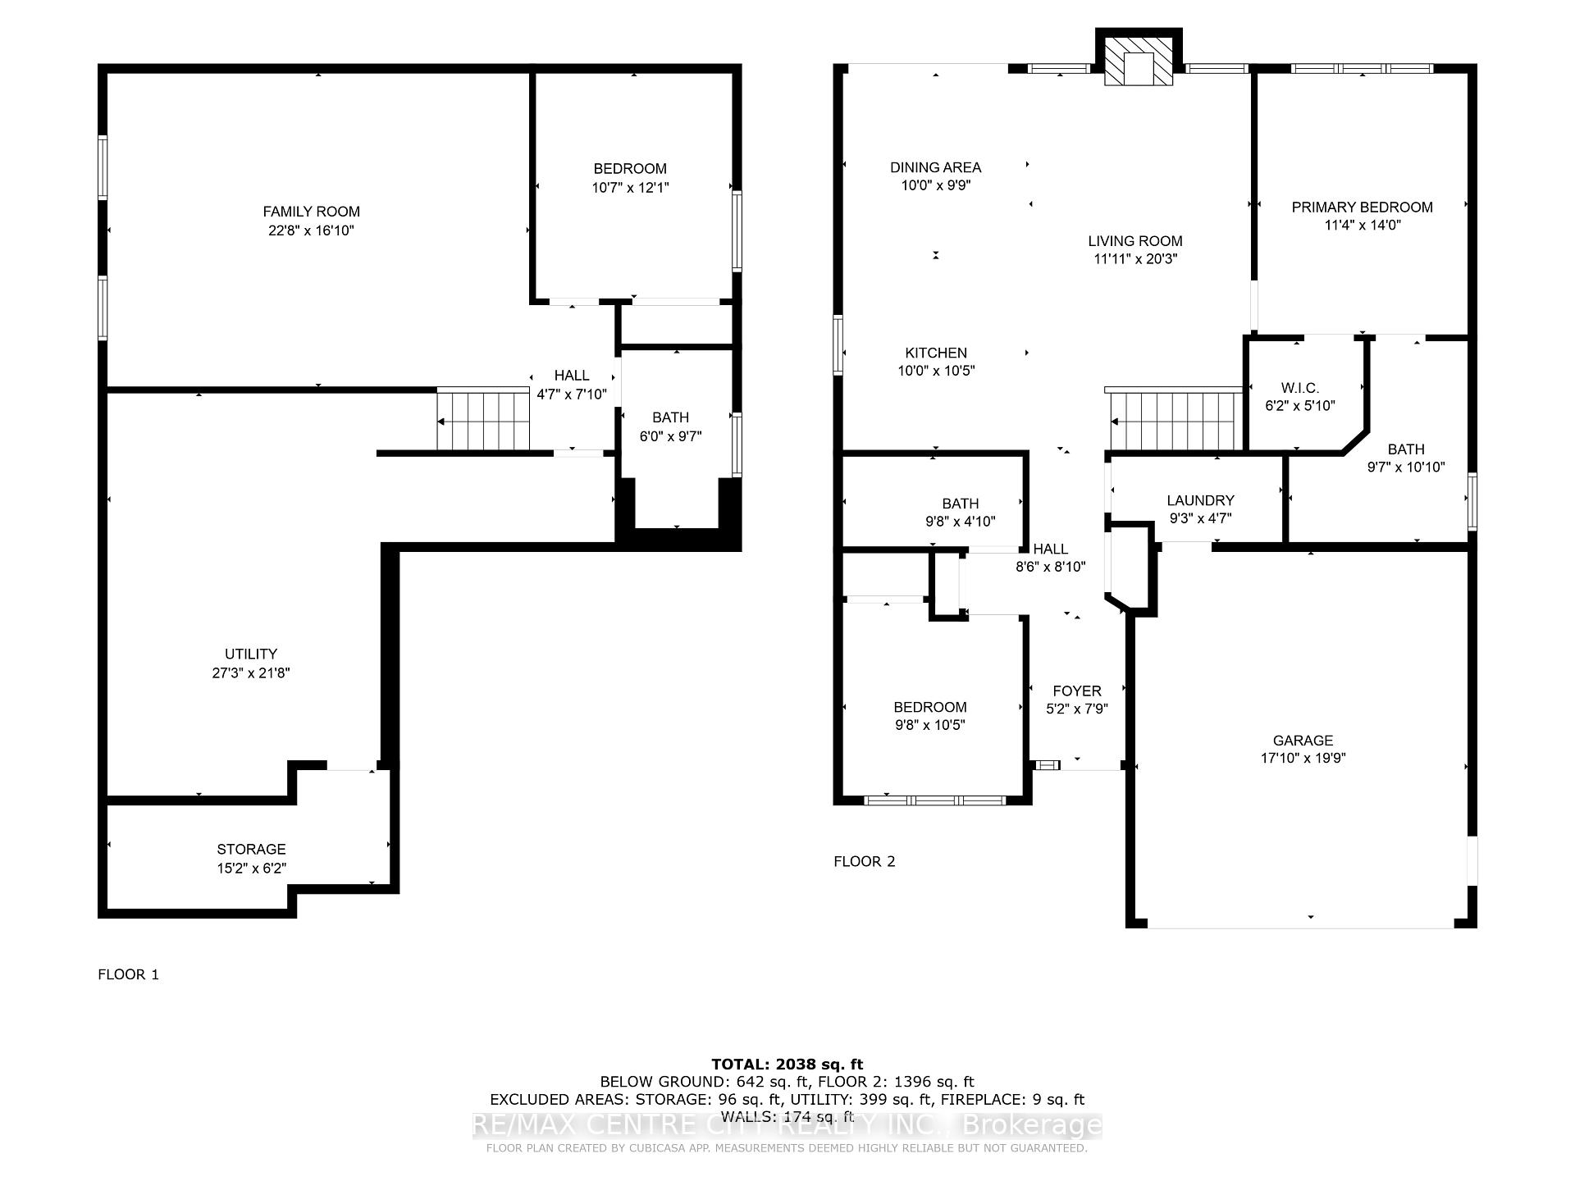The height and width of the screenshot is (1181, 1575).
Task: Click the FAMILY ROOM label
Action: pos(311,212)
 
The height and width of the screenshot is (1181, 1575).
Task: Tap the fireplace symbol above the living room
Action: pos(1139,60)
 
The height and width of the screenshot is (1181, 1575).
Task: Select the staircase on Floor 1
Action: pos(483,420)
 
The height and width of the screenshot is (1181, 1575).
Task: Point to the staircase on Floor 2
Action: pos(1175,420)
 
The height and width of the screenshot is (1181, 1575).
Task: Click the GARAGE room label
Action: pos(1303,741)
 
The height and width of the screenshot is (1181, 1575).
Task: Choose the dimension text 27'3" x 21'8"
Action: pos(251,673)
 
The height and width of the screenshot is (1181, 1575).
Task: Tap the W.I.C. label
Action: pos(1300,388)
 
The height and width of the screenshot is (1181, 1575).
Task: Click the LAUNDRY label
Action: pos(1200,500)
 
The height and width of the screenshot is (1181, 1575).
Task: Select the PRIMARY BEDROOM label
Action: pos(1362,207)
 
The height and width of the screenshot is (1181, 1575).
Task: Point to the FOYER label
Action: pos(1077,691)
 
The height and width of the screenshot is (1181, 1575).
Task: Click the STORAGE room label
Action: pos(251,850)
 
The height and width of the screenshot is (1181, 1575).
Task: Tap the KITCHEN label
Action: pos(937,353)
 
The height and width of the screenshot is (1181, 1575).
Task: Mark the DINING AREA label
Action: pos(936,168)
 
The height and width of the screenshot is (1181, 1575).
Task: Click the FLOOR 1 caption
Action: pos(128,974)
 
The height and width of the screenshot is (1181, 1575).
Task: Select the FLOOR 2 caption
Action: pos(865,861)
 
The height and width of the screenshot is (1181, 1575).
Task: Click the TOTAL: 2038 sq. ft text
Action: pos(787,1065)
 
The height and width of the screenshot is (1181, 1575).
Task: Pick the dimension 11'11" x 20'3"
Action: pos(1135,259)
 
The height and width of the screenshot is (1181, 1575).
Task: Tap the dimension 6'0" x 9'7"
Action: pos(671,436)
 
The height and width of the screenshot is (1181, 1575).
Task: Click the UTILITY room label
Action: pos(251,654)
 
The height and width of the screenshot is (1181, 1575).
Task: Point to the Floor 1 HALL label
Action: pos(572,376)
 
